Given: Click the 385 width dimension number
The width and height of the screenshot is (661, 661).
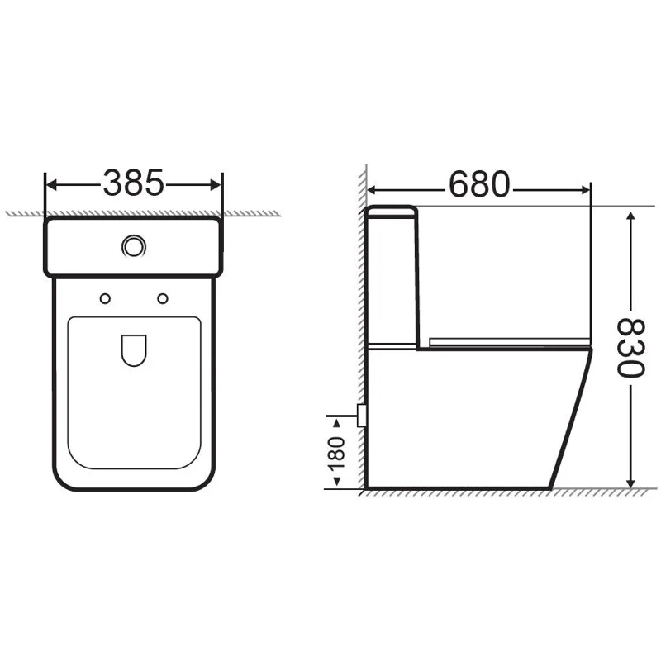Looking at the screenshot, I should [x=133, y=183].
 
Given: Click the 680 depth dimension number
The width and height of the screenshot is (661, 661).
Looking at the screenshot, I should [x=479, y=185].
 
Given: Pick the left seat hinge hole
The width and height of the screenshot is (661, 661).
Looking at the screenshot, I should [x=104, y=297].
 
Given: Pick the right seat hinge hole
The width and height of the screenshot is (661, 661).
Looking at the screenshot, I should [x=162, y=297].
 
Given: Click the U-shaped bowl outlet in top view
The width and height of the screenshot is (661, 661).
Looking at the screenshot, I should [x=133, y=350].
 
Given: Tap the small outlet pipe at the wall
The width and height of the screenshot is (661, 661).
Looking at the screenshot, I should [x=361, y=415].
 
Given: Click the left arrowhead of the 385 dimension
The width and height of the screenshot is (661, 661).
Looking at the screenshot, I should [x=50, y=183].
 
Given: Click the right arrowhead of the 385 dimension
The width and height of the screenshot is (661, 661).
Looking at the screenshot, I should [x=216, y=183].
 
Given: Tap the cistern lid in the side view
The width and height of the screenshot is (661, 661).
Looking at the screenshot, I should [x=392, y=212].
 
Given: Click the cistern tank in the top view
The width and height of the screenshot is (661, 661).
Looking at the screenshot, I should [x=133, y=246].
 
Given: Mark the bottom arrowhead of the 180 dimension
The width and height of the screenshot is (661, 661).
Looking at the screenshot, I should [x=336, y=483].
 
